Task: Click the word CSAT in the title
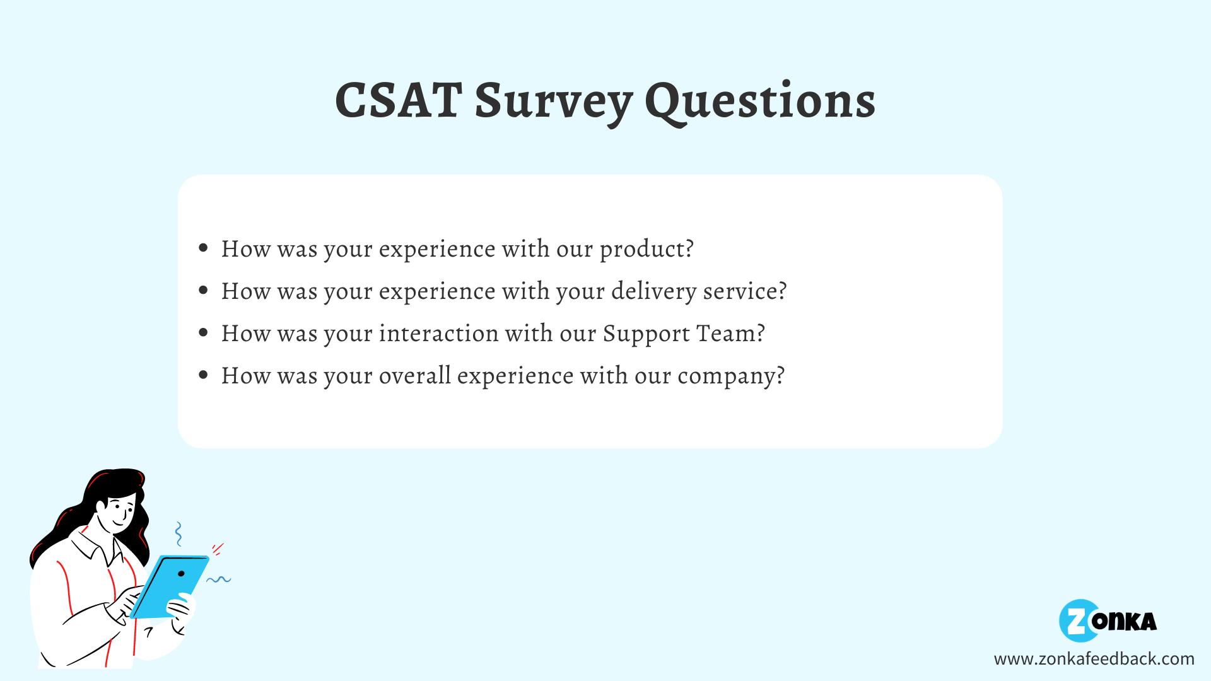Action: coord(398,100)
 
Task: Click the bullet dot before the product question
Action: coord(203,248)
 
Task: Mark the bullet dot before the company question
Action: coord(203,375)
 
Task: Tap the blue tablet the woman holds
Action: coord(169,587)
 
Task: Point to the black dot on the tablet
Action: coord(181,574)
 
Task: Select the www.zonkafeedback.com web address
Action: coord(1094,659)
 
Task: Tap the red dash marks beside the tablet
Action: coord(218,549)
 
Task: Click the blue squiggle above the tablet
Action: coord(178,533)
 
